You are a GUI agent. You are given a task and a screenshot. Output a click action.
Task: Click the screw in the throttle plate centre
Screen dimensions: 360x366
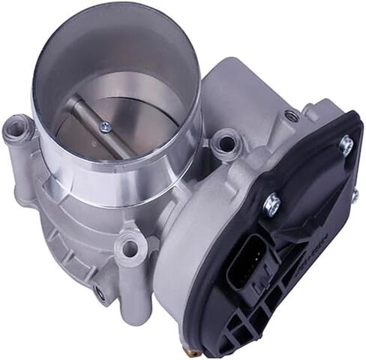(x=106, y=127)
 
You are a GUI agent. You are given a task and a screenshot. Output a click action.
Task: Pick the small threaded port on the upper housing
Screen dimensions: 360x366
(x=291, y=116)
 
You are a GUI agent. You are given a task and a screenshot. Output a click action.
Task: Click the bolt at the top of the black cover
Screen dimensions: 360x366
(x=346, y=145)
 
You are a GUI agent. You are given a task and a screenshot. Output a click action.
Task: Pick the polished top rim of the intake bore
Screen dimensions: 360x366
(x=112, y=30)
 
